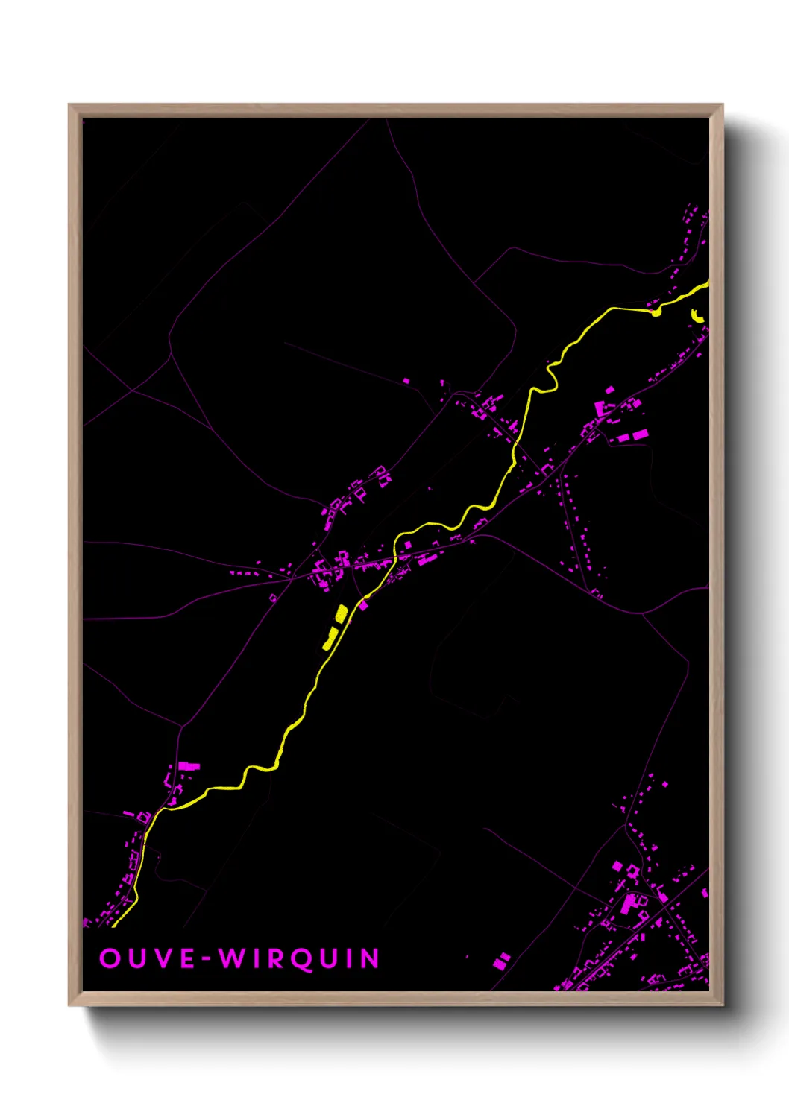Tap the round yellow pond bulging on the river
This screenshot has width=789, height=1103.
(656, 312)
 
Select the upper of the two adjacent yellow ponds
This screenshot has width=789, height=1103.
(341, 613)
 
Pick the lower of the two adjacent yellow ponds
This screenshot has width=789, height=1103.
(329, 639)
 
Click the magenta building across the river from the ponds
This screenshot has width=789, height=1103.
(363, 605)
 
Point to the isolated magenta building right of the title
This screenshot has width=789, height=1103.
(503, 960)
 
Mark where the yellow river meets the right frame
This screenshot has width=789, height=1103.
(707, 284)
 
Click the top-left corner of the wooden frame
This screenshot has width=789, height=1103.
(69, 105)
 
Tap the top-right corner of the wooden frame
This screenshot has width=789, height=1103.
(723, 105)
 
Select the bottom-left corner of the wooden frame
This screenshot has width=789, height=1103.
(69, 1005)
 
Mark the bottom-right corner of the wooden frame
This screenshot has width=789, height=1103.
(723, 1005)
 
